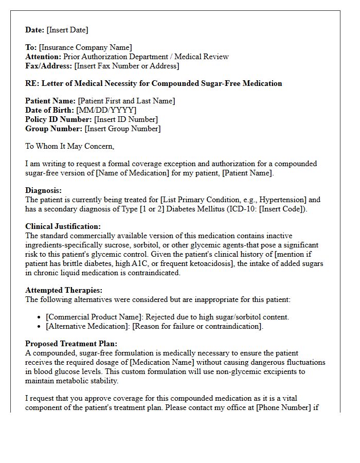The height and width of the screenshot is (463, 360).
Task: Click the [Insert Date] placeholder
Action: pyautogui.click(x=67, y=30)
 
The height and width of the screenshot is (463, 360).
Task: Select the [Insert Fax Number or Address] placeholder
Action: pyautogui.click(x=127, y=66)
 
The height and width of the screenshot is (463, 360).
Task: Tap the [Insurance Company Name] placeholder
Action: pyautogui.click(x=85, y=48)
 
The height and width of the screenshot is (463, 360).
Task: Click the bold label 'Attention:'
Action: pyautogui.click(x=43, y=57)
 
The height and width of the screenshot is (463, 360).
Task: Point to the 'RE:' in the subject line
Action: pyautogui.click(x=32, y=83)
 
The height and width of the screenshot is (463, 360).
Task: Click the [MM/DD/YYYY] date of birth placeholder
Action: pyautogui.click(x=106, y=110)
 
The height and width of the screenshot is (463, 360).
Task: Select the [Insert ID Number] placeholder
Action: pyautogui.click(x=126, y=119)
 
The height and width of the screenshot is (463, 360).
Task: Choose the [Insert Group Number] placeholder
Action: pyautogui.click(x=122, y=129)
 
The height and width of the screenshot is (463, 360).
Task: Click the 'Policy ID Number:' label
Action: pyautogui.click(x=59, y=119)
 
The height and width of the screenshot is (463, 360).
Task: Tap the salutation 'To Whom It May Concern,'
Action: pyautogui.click(x=69, y=146)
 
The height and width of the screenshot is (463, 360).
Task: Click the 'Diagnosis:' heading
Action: pyautogui.click(x=43, y=190)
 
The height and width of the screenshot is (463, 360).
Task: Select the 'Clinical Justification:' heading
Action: pyautogui.click(x=63, y=226)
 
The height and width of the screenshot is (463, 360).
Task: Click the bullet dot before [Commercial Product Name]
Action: pyautogui.click(x=40, y=317)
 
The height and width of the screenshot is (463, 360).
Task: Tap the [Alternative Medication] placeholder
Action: pyautogui.click(x=87, y=326)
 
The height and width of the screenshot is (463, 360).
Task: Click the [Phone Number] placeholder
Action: pyautogui.click(x=284, y=407)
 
